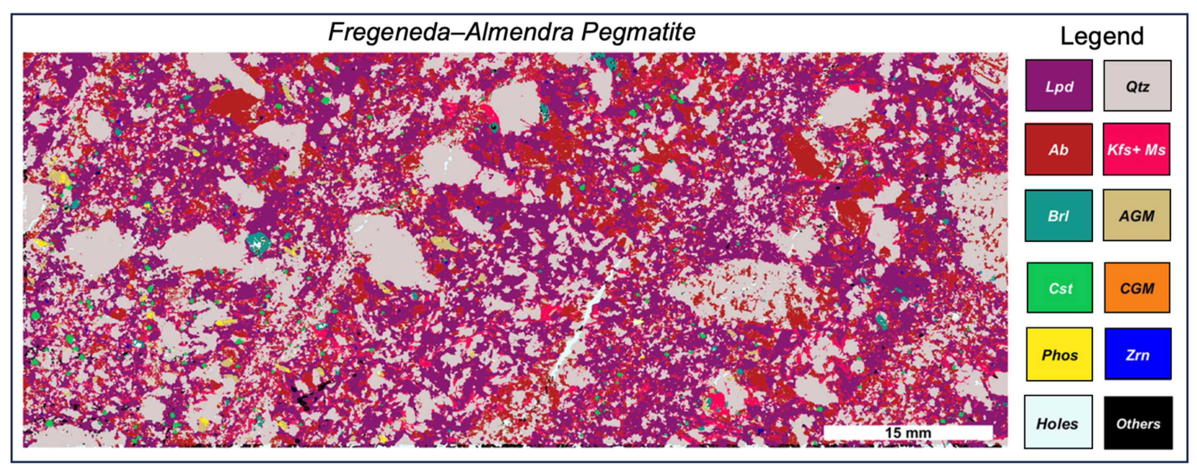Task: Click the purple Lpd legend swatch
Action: pos(1059,85)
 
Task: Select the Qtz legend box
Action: pos(1137,85)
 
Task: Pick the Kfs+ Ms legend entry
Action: pos(1136,149)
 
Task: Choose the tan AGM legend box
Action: pos(1136,215)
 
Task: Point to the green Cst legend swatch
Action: pos(1060,287)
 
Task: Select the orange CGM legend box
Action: pos(1137,287)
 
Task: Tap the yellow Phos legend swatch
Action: pos(1059,354)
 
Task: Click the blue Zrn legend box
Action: pos(1137,354)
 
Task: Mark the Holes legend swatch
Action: pos(1058,422)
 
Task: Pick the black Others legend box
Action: pos(1138,422)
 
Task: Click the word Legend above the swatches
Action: pos(1102,36)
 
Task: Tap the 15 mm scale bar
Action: pos(908,432)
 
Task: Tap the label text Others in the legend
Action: pos(1138,424)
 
